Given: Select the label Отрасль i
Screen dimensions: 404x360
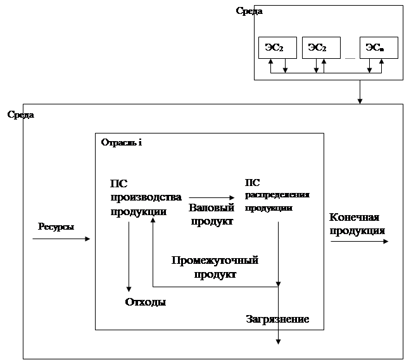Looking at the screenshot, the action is click(122, 142).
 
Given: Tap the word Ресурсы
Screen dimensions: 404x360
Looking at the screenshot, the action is click(56, 227).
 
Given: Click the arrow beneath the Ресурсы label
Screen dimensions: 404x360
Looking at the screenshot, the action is click(61, 239).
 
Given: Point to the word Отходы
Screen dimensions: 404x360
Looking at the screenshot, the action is click(145, 302).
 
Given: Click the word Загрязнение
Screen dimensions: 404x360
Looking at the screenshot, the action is click(277, 320).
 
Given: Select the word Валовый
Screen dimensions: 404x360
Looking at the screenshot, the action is click(211, 208).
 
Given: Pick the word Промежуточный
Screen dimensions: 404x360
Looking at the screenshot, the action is click(215, 260).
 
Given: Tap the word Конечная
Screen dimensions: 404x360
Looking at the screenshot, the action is click(354, 218).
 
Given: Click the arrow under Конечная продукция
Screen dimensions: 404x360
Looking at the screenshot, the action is click(360, 241).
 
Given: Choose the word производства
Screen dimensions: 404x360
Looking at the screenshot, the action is click(146, 197).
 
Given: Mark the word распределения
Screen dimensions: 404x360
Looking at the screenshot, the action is click(277, 195).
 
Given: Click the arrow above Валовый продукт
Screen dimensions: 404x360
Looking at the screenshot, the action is click(211, 198).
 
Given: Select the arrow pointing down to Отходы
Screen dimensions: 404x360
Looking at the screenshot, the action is click(129, 256).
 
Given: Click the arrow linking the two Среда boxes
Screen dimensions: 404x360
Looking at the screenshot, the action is click(360, 92).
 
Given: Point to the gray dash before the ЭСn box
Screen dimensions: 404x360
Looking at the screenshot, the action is click(350, 58).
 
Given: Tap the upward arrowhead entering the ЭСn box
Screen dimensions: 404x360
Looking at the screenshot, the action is click(382, 61).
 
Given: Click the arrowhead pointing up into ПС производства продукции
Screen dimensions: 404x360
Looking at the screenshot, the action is click(153, 220).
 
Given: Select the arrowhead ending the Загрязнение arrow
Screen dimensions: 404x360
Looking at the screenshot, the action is click(278, 342).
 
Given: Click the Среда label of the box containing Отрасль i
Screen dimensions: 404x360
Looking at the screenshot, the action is click(21, 115).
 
